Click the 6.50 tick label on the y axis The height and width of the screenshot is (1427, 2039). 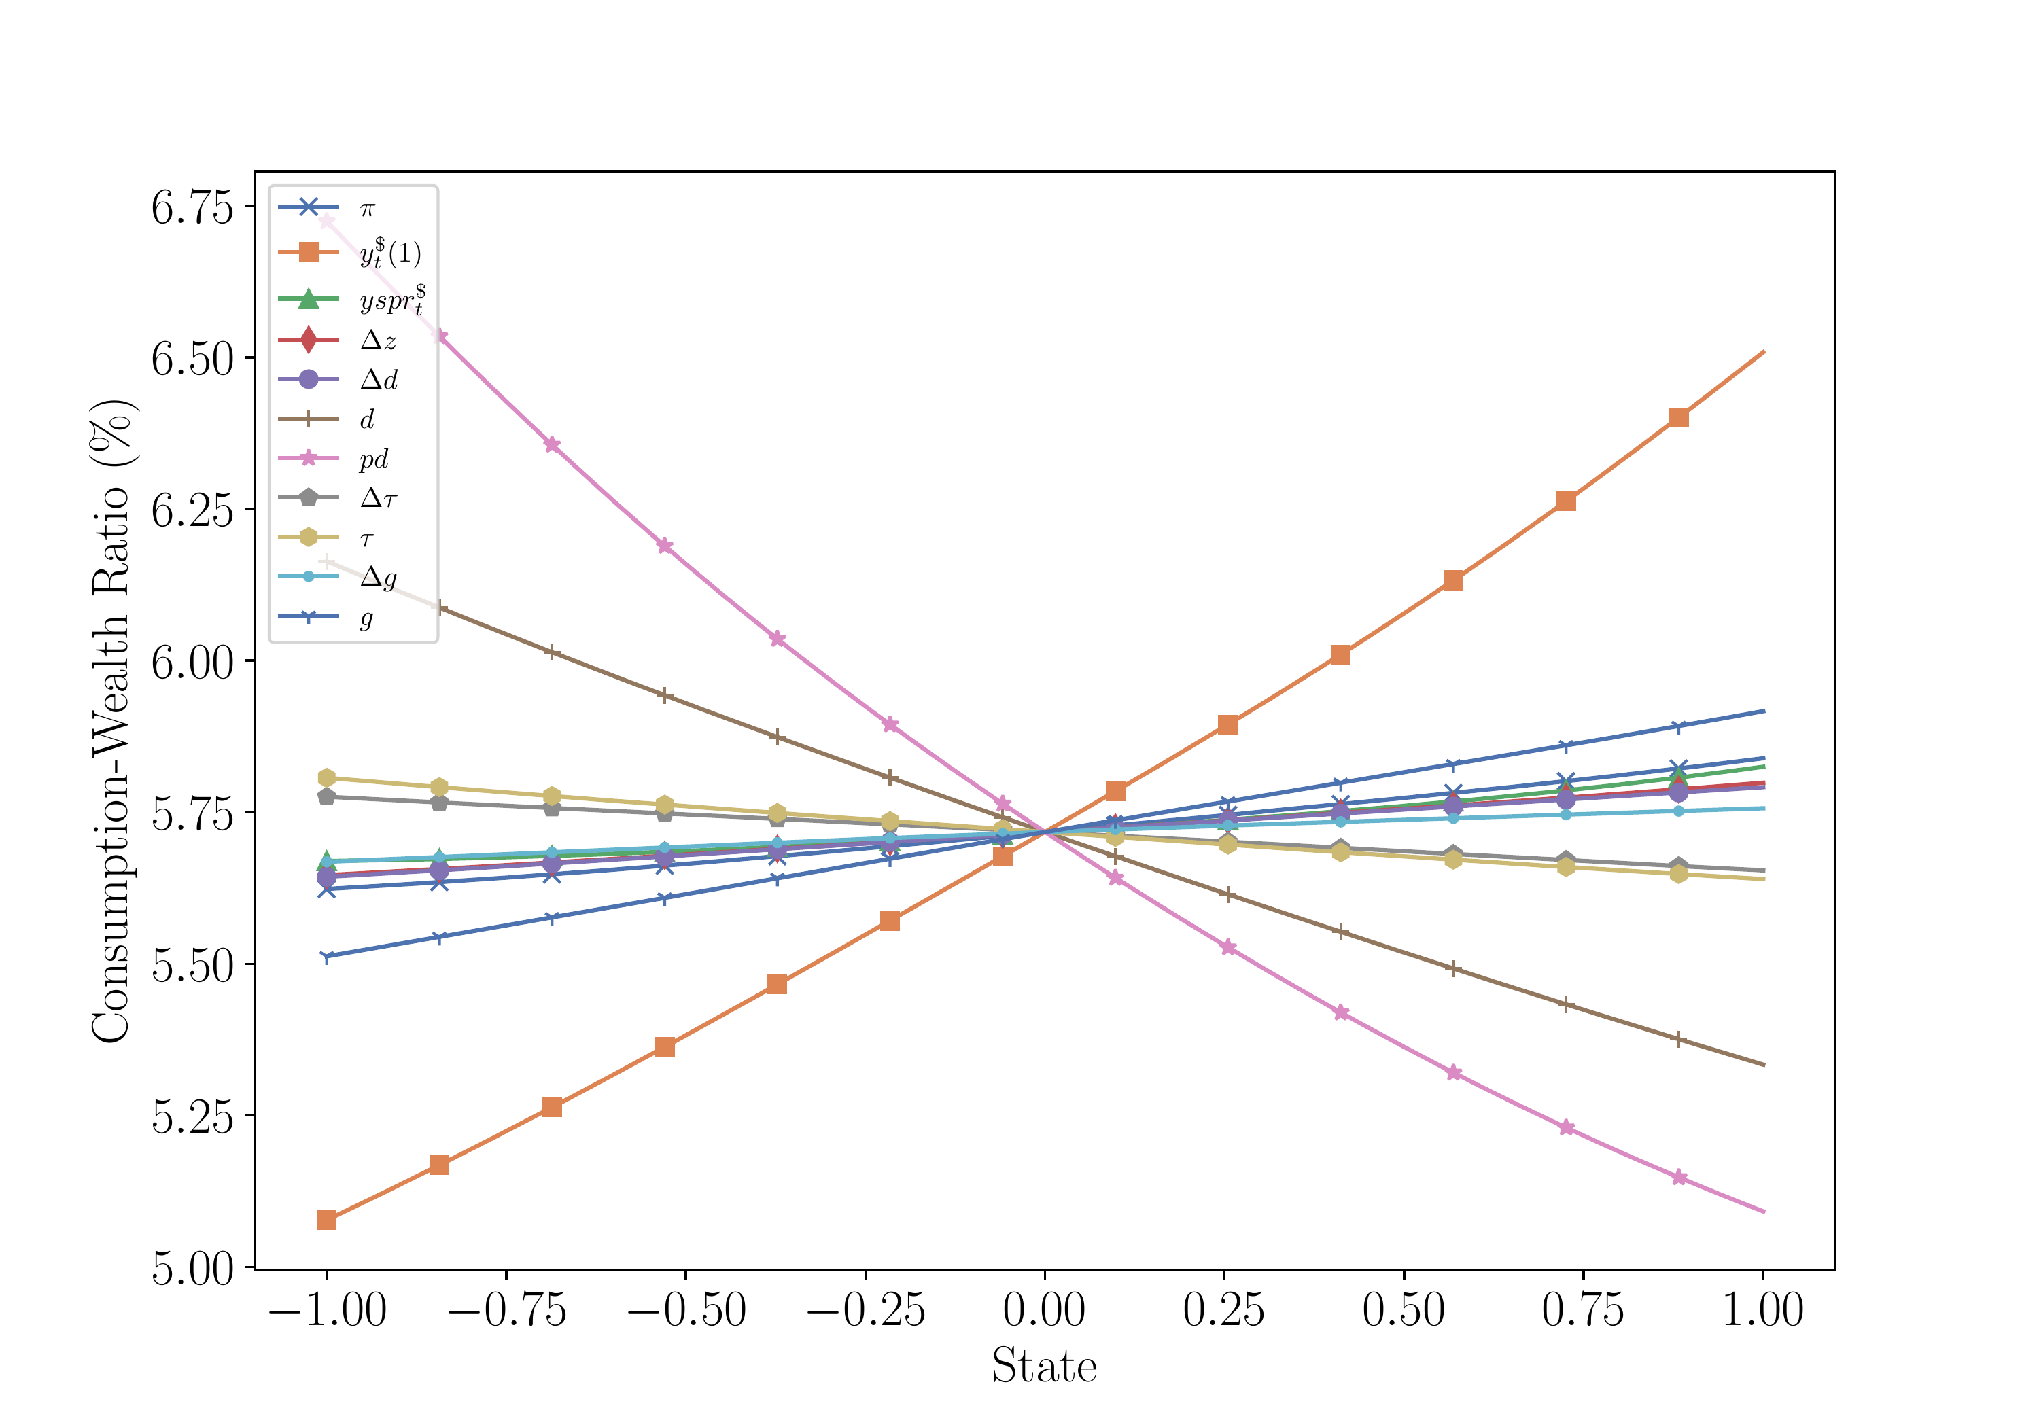coord(192,359)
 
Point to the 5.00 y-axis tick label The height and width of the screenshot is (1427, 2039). coord(192,1269)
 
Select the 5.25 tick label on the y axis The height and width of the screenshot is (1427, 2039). coord(192,1117)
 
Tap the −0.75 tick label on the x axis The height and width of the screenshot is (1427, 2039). coord(507,1311)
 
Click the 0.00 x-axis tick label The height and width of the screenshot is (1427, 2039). coord(1045,1311)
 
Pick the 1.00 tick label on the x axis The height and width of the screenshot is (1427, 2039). coord(1763,1311)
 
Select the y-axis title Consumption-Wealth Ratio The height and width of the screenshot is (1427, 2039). coord(112,721)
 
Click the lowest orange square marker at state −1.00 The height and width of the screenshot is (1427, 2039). coord(327,1220)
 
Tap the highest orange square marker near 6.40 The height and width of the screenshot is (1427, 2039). coord(1677,417)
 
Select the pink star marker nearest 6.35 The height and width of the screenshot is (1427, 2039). coord(551,444)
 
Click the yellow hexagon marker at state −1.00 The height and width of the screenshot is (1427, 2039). coord(327,778)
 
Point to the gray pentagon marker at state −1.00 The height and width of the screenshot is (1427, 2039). coord(327,796)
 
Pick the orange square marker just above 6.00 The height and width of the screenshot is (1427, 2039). coord(1340,655)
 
